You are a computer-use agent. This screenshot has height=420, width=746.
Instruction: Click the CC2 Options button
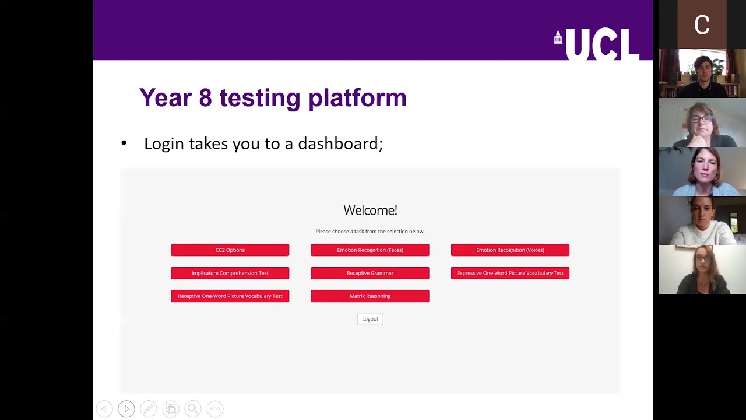[230, 250]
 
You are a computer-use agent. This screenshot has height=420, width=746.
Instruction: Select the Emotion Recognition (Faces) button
[370, 250]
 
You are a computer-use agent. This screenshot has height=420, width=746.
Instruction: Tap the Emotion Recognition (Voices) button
[510, 250]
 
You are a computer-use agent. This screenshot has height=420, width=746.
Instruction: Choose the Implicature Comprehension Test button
[230, 273]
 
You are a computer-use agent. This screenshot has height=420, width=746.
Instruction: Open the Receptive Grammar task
[370, 273]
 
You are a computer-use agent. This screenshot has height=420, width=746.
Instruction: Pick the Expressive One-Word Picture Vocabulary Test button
[510, 273]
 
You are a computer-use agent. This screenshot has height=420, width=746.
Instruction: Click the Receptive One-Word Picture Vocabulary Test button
[230, 296]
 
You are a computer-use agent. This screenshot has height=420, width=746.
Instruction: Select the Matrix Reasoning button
[370, 296]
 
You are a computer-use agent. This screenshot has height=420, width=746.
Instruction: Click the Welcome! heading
[370, 210]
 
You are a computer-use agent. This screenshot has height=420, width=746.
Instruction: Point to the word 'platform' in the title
[357, 98]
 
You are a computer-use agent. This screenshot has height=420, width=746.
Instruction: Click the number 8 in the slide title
[205, 97]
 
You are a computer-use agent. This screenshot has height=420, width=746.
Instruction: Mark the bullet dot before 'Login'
[124, 143]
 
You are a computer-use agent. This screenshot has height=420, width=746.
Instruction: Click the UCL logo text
[602, 44]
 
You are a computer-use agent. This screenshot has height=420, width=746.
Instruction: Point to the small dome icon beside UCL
[558, 37]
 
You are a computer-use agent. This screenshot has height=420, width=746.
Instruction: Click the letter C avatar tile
[702, 24]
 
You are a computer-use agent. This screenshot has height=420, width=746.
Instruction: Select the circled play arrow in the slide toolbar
[126, 409]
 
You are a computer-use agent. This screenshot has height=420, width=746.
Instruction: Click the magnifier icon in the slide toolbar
[193, 409]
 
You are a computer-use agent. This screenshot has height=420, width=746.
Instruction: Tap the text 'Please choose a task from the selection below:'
[370, 232]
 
